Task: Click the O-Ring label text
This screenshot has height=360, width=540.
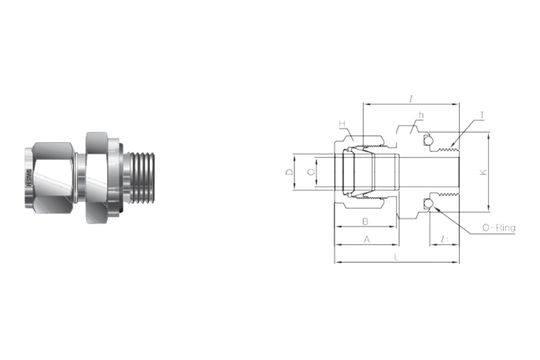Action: point(499,229)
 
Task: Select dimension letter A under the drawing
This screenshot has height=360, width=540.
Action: point(366,240)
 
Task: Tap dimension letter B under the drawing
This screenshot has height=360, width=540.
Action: point(365,221)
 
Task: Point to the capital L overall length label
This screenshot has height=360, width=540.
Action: point(397,258)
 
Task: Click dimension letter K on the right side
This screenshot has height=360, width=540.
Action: point(483,172)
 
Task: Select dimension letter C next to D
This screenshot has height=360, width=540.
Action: point(311,173)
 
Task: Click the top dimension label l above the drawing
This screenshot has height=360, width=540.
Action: point(411,97)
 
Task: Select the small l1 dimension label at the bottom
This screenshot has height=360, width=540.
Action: point(442,240)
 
